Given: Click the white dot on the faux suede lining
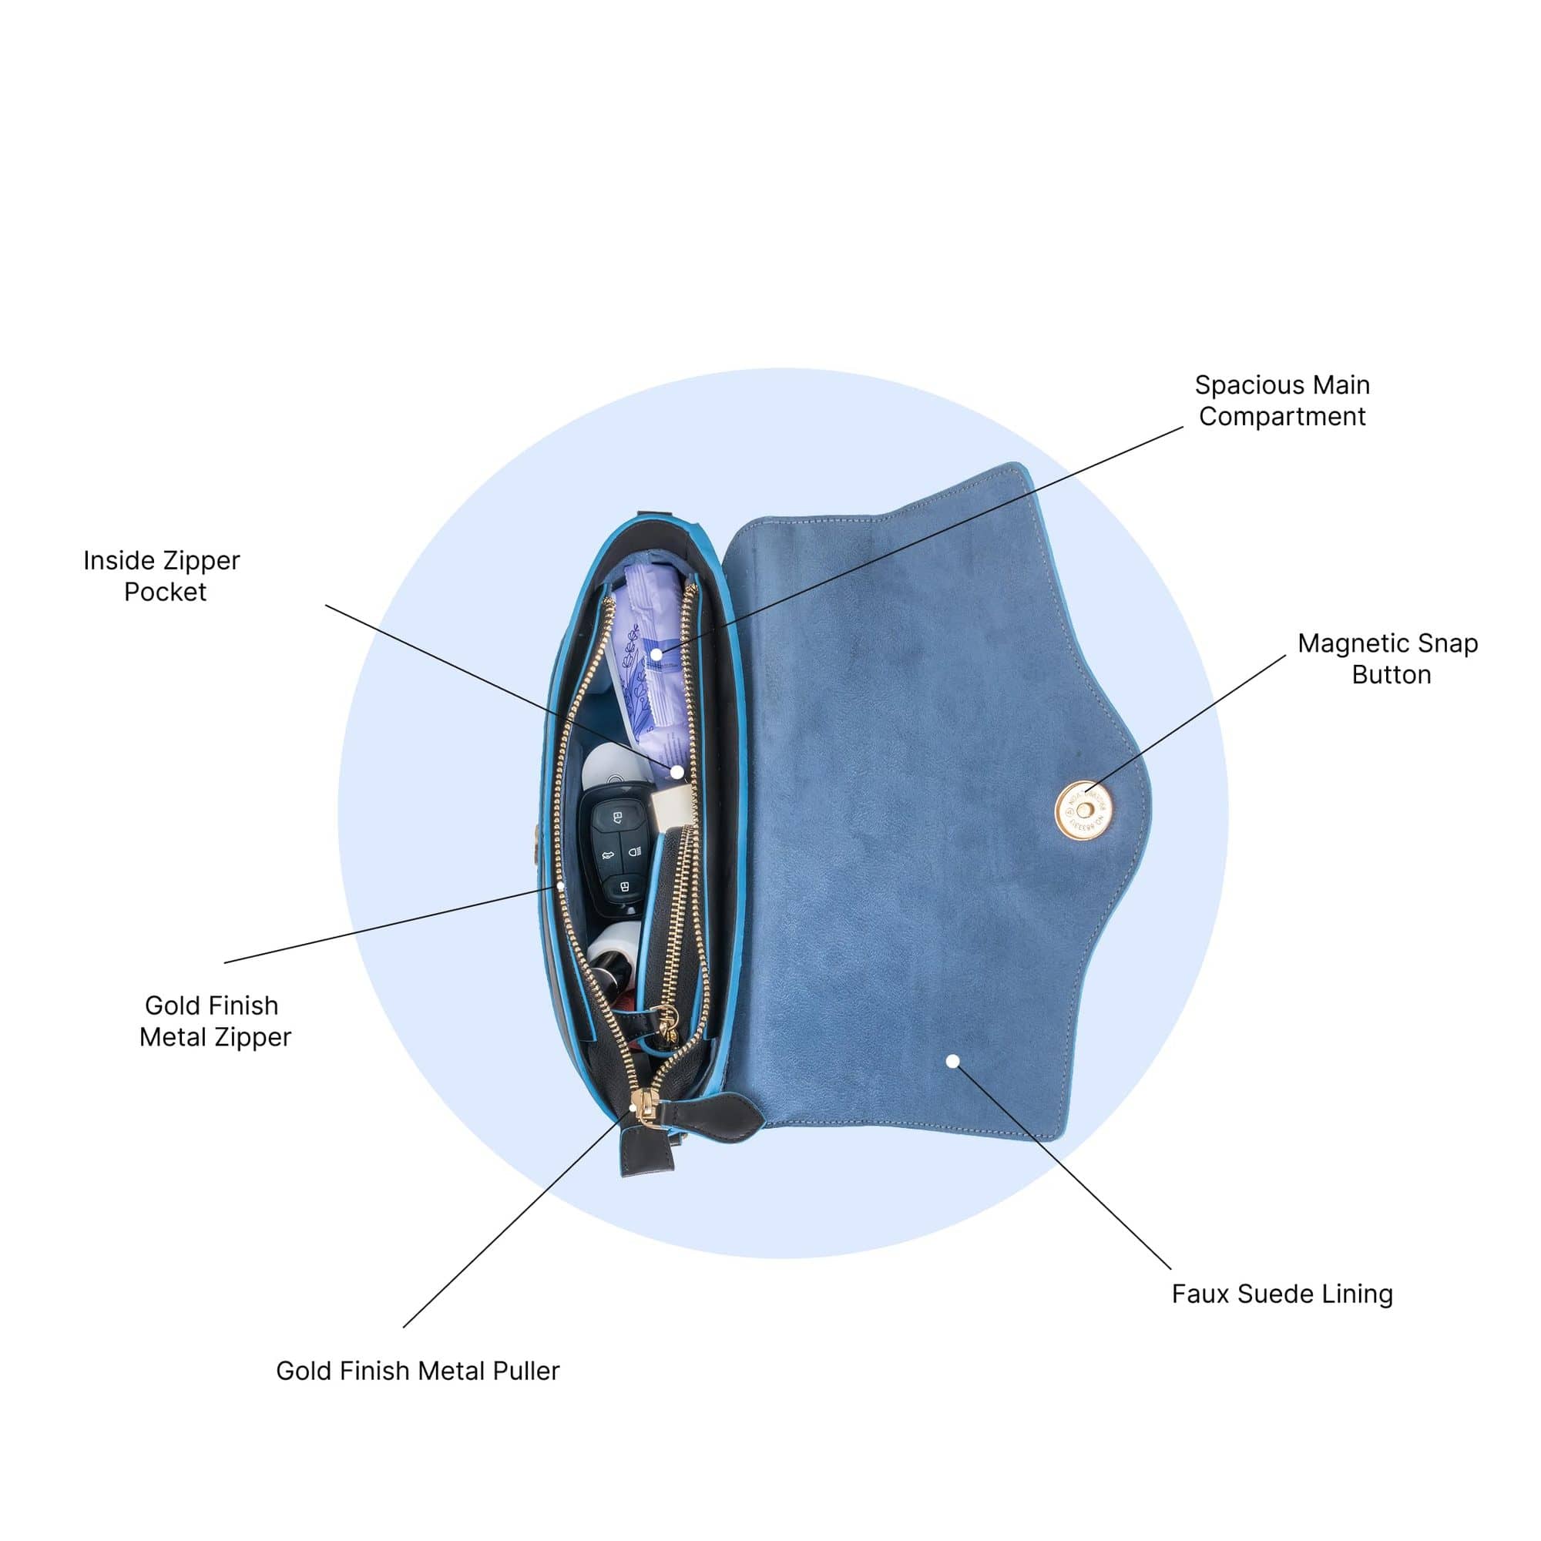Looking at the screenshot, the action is pyautogui.click(x=953, y=1061).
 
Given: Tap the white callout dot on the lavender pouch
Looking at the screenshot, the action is pyautogui.click(x=656, y=654).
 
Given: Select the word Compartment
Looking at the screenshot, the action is pyautogui.click(x=1282, y=417).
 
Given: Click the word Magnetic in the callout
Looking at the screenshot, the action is pyautogui.click(x=1346, y=643).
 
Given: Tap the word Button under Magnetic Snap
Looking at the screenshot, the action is pyautogui.click(x=1391, y=675).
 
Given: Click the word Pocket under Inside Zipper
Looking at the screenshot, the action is pyautogui.click(x=165, y=592).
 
